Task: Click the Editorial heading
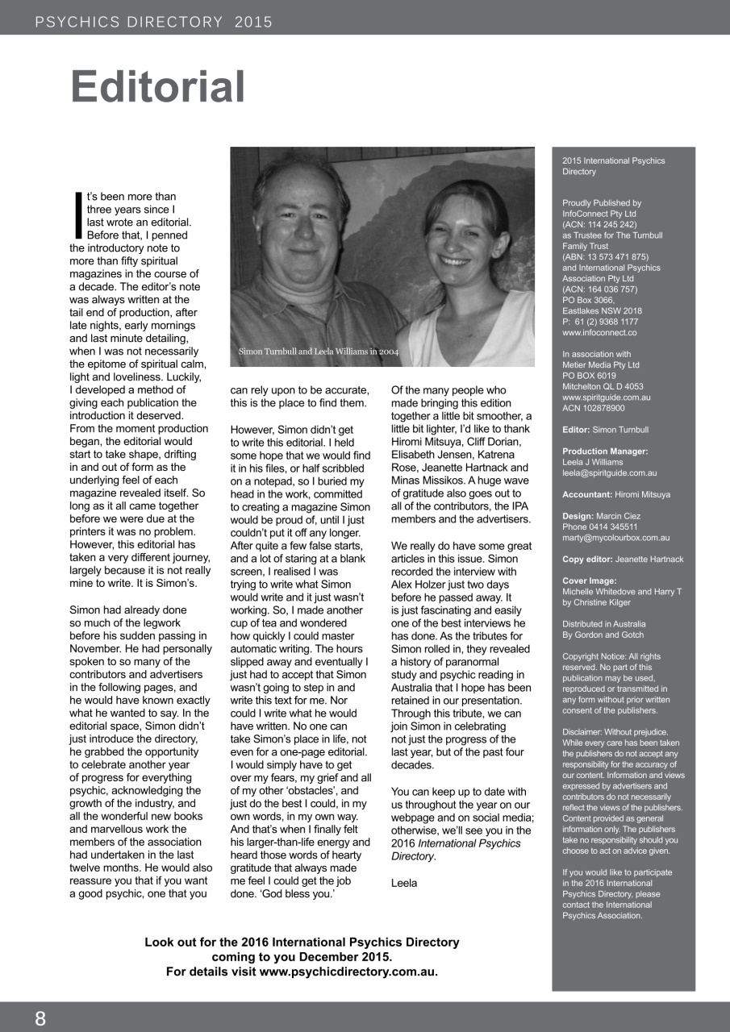click(158, 87)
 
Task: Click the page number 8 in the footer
click(40, 1017)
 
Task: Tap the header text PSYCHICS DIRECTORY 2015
click(154, 22)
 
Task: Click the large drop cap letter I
click(77, 214)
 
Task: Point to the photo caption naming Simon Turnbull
click(318, 352)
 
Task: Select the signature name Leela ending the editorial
click(404, 883)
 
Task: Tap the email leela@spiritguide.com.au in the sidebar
click(609, 473)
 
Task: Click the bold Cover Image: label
click(590, 580)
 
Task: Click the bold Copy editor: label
click(587, 559)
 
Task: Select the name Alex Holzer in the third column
click(423, 585)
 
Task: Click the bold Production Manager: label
click(605, 451)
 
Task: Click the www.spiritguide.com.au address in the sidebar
click(607, 397)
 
